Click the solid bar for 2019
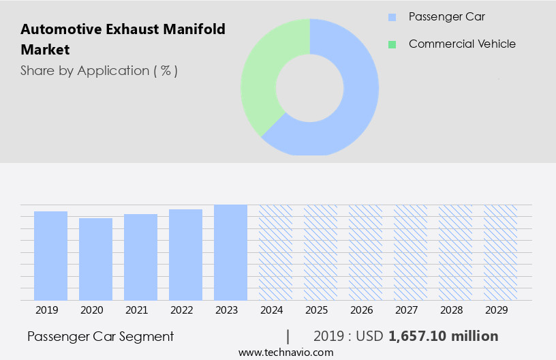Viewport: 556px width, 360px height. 50,256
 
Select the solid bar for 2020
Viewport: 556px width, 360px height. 95,259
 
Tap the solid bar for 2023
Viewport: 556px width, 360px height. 230,252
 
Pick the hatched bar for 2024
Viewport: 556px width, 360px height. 275,252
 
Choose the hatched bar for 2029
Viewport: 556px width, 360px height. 500,252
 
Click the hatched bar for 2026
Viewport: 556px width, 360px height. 365,252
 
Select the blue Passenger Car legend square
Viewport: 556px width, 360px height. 392,16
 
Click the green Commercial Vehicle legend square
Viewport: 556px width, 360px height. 392,44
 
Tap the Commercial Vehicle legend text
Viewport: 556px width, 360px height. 462,44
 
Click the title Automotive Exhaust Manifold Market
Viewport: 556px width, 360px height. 123,40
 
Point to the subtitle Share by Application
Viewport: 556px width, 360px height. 99,71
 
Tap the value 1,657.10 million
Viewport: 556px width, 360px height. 443,336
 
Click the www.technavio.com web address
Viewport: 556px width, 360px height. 285,352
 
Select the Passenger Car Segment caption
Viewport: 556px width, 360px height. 100,336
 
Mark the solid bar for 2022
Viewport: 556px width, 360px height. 185,254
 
